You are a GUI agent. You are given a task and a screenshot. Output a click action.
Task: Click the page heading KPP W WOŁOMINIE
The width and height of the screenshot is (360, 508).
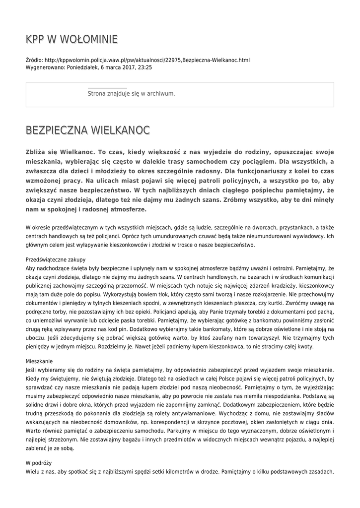[x=72, y=39]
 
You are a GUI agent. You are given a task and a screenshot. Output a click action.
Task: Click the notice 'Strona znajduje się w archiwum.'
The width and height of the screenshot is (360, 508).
[x=131, y=93]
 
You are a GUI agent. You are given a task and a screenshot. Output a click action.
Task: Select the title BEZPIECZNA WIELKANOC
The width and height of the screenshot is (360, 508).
[x=87, y=130]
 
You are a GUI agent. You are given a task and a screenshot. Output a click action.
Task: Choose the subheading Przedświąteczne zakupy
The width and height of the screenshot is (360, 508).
[x=56, y=259]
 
